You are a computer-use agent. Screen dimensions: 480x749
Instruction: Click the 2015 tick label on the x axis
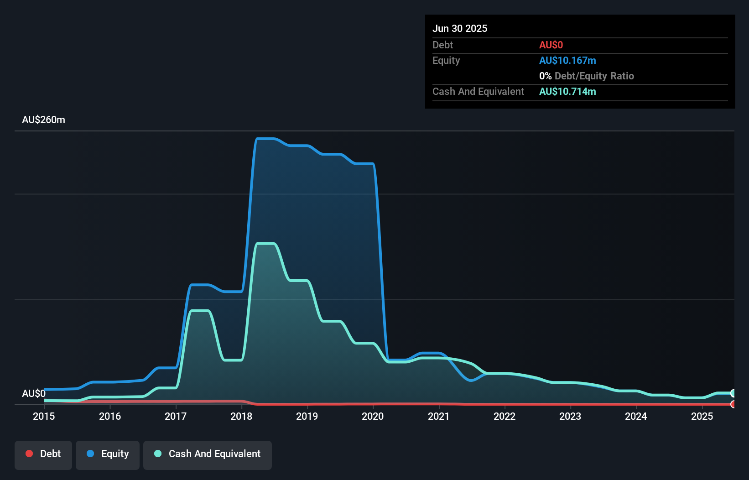(44, 416)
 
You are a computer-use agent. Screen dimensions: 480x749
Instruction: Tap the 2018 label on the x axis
(241, 416)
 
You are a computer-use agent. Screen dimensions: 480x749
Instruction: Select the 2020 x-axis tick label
(373, 416)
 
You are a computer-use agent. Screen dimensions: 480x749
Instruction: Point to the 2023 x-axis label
(570, 416)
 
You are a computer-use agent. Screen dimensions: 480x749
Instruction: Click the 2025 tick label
(702, 416)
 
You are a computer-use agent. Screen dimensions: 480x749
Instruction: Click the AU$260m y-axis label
(43, 120)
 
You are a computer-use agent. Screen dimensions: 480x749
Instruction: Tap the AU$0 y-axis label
(34, 393)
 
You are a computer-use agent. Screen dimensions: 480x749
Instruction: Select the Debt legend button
(43, 454)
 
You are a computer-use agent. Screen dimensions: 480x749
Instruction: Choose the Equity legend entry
(108, 454)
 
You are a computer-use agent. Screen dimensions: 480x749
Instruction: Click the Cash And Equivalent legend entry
(208, 454)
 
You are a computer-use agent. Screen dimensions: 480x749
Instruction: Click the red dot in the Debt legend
(29, 454)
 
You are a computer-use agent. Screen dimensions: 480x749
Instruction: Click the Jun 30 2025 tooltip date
(460, 28)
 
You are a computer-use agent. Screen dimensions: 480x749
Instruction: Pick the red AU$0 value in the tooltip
(551, 45)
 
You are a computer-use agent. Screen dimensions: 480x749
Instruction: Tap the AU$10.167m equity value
(567, 60)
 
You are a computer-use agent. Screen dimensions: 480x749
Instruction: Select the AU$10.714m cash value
(567, 91)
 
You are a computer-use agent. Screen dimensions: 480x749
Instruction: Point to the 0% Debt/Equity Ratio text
(586, 76)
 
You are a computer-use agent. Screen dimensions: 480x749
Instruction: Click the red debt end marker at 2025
(733, 404)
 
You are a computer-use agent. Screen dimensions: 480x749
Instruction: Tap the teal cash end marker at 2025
(733, 393)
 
